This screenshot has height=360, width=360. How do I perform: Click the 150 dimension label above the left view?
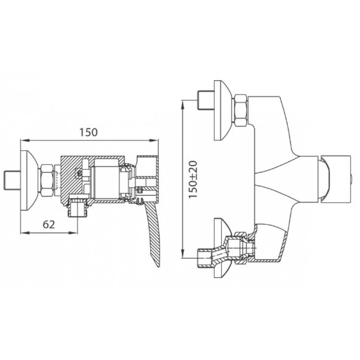tap(88, 132)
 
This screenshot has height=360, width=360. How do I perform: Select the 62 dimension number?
tap(49, 225)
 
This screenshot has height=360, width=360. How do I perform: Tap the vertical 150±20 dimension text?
tap(193, 179)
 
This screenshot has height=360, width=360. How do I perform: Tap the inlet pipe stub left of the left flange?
tap(13, 180)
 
